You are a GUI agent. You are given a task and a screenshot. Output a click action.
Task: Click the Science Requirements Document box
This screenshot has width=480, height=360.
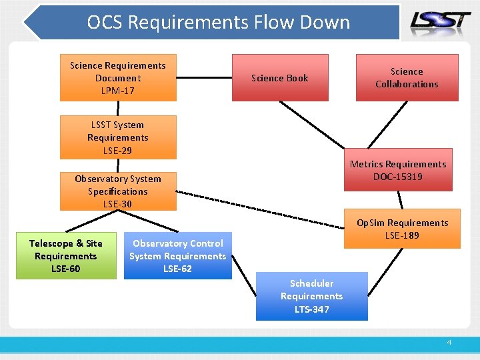click(x=118, y=77)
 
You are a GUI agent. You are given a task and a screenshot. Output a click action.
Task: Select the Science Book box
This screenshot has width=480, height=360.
click(x=280, y=78)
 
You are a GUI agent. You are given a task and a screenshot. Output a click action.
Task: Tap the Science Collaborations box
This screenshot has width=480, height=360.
click(x=407, y=77)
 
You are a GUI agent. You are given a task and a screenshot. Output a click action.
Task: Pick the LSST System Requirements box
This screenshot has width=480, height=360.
click(x=118, y=137)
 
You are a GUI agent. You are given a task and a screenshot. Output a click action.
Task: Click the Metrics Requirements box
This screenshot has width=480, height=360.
click(x=398, y=169)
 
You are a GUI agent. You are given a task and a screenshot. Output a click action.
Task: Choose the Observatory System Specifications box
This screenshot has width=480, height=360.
click(x=118, y=191)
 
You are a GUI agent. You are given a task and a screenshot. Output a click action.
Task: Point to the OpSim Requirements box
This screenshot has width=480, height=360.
click(x=402, y=229)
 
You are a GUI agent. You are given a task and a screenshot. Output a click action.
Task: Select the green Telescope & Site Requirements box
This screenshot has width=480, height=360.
click(x=65, y=256)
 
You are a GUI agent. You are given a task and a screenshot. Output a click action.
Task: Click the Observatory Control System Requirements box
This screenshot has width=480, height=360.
click(x=178, y=256)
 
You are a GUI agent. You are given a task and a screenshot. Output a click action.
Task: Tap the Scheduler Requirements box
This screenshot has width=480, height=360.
click(x=311, y=296)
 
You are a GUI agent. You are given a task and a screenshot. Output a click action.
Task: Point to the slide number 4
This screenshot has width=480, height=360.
click(x=449, y=342)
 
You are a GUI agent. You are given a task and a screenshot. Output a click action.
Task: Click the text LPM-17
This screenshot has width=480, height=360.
click(x=118, y=91)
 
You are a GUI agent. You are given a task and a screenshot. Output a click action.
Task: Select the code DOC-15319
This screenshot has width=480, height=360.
click(x=398, y=177)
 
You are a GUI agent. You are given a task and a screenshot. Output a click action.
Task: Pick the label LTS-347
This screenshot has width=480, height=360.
click(x=311, y=309)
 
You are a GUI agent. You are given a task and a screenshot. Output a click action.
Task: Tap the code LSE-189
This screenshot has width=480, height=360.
click(x=402, y=235)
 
